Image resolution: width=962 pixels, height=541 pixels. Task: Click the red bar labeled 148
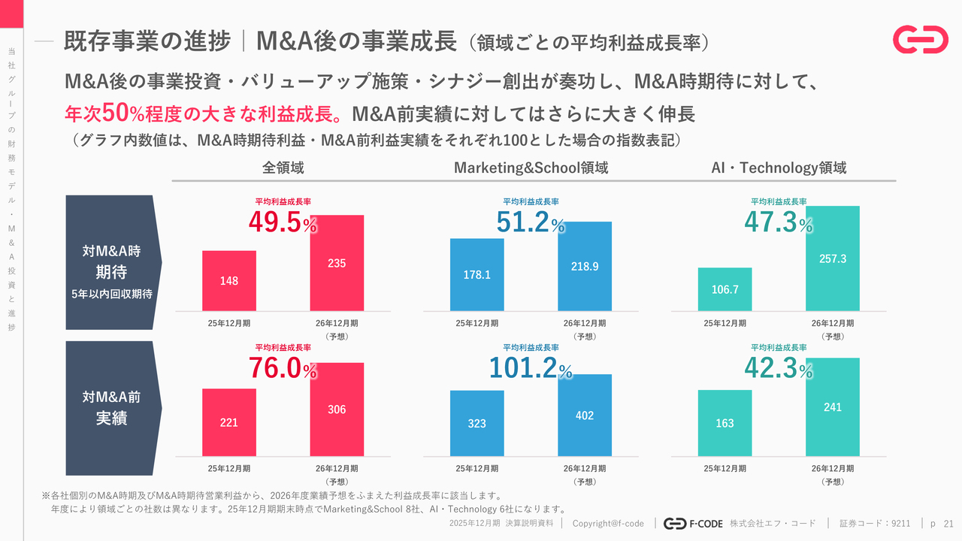(229, 280)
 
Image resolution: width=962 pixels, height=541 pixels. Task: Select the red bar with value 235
(337, 263)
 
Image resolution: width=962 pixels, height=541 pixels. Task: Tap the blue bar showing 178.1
(477, 274)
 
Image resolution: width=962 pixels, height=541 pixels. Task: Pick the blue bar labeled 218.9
(585, 266)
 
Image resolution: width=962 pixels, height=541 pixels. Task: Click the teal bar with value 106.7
(725, 289)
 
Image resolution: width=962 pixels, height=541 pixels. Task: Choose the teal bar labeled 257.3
(833, 258)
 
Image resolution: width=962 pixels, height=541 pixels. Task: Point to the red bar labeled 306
(337, 410)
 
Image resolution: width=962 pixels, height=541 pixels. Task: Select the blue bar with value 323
(477, 423)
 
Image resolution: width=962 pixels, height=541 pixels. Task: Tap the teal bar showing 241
(833, 407)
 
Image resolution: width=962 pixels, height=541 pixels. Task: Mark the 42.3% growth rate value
(779, 368)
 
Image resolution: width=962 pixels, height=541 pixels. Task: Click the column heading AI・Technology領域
(779, 168)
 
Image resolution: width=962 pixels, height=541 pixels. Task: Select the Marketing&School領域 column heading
(531, 168)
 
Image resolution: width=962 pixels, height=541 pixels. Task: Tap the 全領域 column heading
(283, 168)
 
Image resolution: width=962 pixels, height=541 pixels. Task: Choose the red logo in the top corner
(920, 40)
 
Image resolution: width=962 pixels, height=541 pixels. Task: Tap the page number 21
(948, 523)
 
